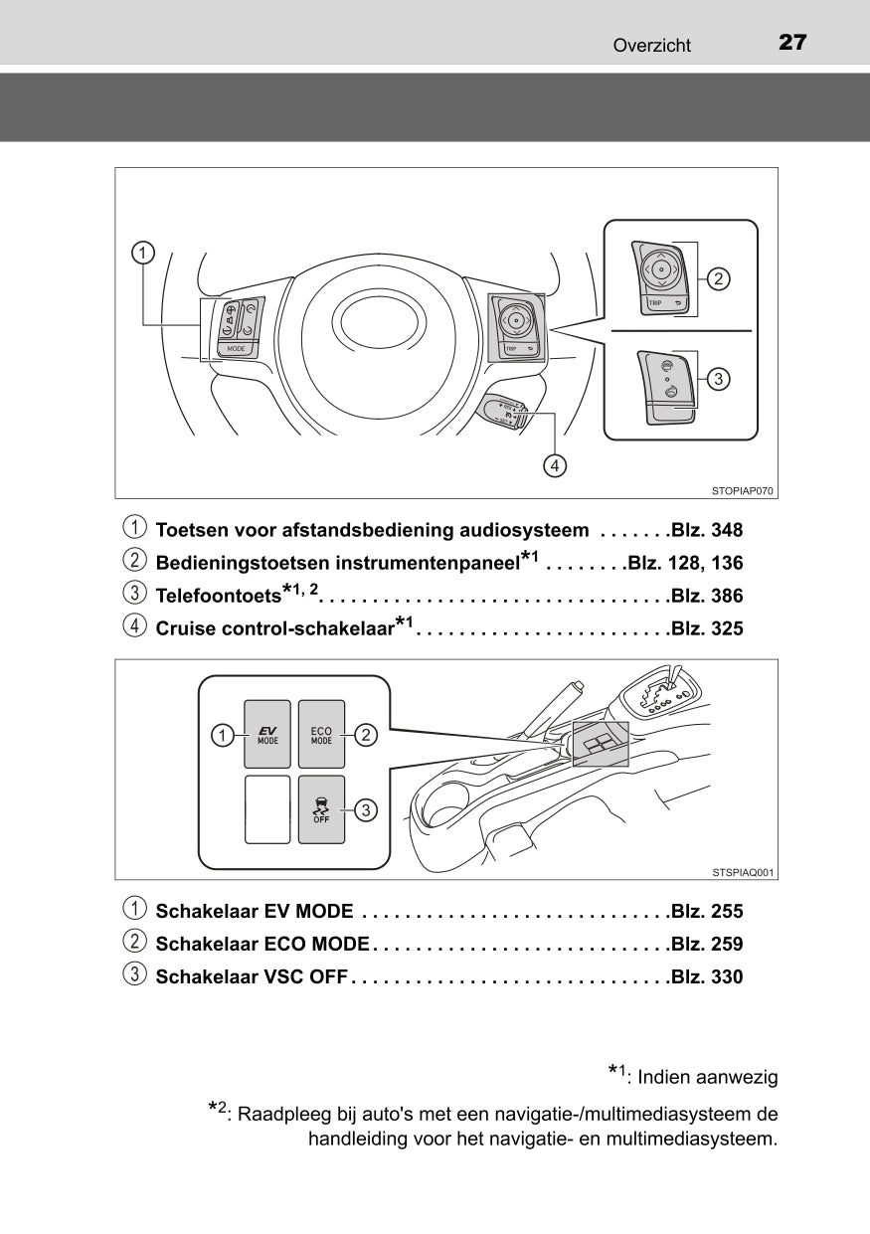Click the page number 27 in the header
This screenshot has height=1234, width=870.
(791, 43)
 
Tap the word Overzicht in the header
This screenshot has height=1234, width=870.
(651, 45)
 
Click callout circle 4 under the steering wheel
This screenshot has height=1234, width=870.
(555, 464)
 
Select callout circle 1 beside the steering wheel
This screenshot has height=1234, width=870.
(144, 253)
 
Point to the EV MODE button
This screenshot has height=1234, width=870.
(267, 735)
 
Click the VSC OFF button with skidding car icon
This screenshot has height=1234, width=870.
(321, 808)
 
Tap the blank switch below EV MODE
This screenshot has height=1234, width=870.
(267, 809)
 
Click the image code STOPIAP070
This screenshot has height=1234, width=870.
(743, 490)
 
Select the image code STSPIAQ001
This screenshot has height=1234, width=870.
(743, 872)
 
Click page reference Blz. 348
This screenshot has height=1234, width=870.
(707, 531)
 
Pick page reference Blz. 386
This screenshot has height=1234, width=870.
(707, 597)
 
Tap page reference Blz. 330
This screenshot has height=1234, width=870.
(707, 977)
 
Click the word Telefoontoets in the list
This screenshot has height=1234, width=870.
(219, 597)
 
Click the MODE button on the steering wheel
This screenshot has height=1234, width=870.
(236, 349)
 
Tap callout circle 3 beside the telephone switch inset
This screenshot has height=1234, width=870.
(719, 378)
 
